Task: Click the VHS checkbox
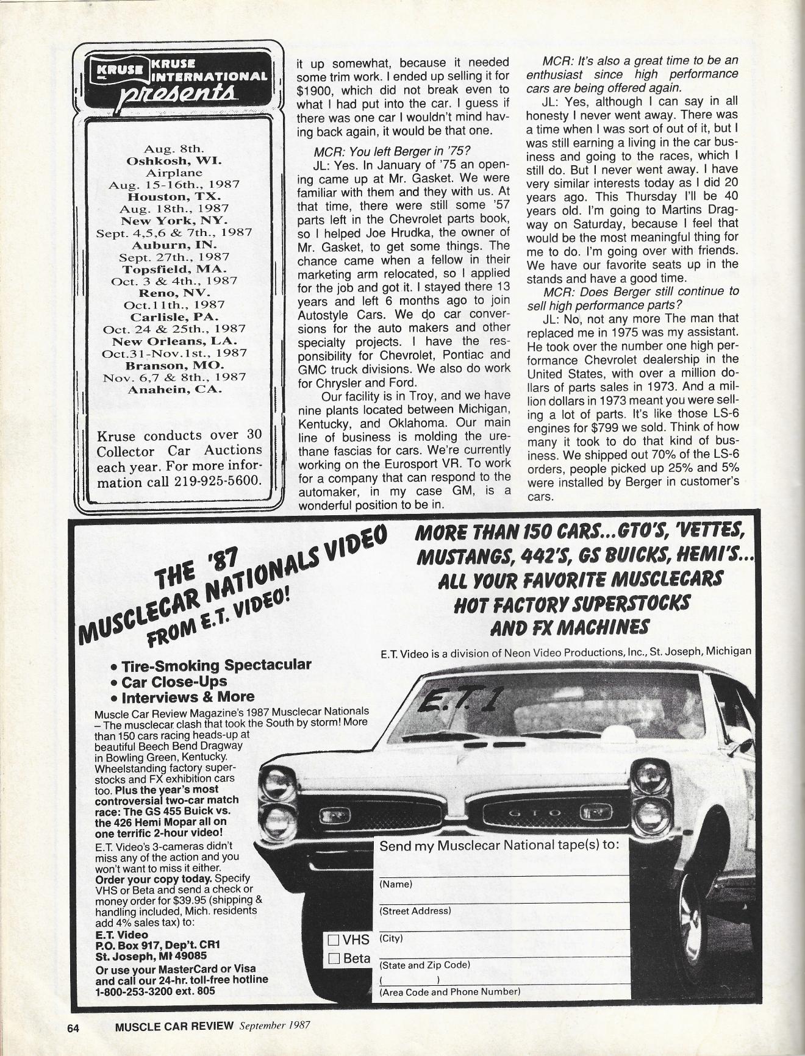click(x=334, y=940)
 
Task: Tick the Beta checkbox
click(x=334, y=959)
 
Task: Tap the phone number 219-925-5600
click(x=223, y=479)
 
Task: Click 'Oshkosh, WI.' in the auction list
click(x=174, y=161)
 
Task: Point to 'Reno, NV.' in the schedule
click(x=174, y=293)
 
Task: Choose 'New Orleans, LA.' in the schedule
click(x=174, y=341)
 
